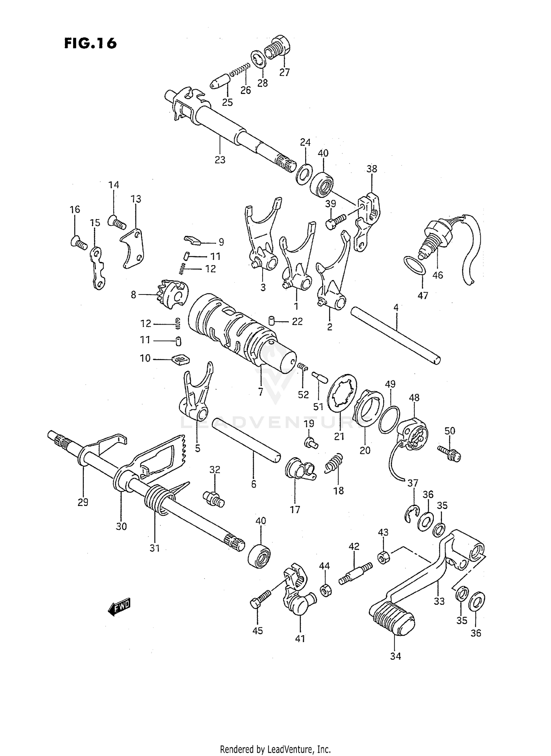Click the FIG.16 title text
click(x=90, y=43)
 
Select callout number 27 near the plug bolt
click(x=284, y=72)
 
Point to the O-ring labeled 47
click(x=414, y=265)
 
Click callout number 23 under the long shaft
click(x=220, y=160)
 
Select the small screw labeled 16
click(x=78, y=242)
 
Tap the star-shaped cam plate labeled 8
click(x=174, y=294)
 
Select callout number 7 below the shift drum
click(x=260, y=392)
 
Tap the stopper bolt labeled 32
click(x=213, y=499)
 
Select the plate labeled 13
click(x=132, y=249)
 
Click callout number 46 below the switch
click(x=438, y=275)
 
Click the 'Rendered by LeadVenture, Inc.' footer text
click(x=275, y=749)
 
